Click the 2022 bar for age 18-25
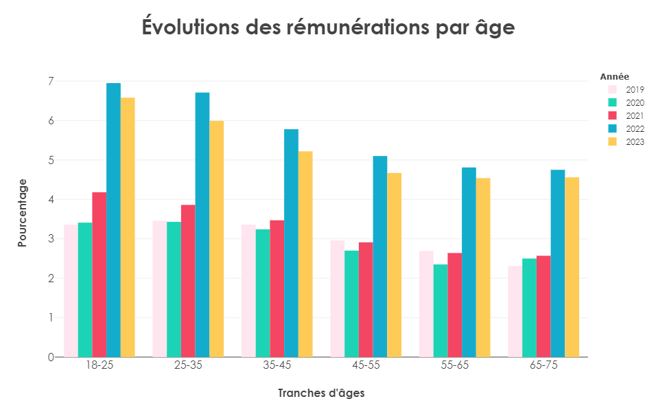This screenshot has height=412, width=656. click(113, 220)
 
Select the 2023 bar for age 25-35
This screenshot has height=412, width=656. click(217, 239)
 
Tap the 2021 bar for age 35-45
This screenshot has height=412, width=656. click(277, 288)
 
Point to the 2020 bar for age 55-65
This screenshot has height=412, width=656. click(440, 310)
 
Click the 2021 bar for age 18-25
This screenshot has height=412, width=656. click(99, 275)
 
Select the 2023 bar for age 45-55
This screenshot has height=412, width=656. click(395, 265)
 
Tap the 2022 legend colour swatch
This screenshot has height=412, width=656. click(613, 128)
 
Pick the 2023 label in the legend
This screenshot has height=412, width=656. click(635, 142)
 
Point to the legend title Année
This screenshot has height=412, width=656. click(614, 76)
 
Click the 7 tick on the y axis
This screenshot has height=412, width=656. click(50, 81)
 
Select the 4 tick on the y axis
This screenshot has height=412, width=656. click(50, 200)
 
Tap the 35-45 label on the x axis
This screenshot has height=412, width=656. click(277, 365)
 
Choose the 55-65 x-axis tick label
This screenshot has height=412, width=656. click(455, 365)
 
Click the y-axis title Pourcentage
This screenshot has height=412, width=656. click(23, 213)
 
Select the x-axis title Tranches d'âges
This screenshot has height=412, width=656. click(321, 393)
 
